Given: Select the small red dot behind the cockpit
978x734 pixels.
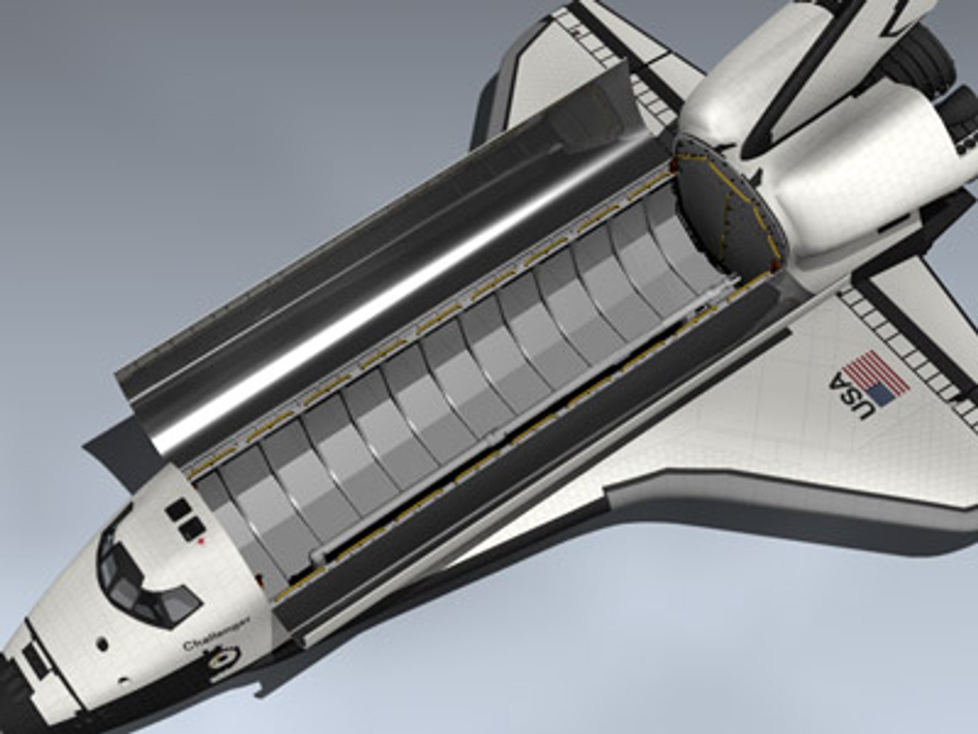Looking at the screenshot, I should click(201, 542).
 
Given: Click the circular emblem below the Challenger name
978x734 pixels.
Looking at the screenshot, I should click(224, 657).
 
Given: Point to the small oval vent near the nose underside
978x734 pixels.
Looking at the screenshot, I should click(123, 680).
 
